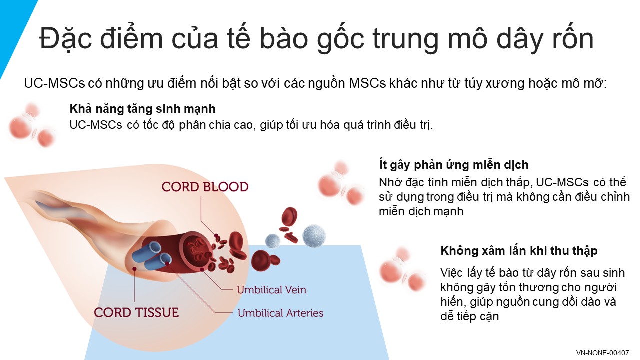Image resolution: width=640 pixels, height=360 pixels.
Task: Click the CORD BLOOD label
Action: pyautogui.click(x=205, y=187)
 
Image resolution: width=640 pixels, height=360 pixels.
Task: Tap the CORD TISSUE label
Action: pyautogui.click(x=136, y=312)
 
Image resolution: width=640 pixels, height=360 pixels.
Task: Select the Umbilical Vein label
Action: pyautogui.click(x=271, y=290)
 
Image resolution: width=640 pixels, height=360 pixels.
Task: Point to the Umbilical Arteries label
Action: pyautogui.click(x=280, y=313)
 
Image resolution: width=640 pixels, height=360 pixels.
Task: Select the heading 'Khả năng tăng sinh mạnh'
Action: pyautogui.click(x=142, y=109)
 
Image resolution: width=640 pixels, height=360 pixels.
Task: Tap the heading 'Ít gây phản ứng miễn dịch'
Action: pyautogui.click(x=454, y=165)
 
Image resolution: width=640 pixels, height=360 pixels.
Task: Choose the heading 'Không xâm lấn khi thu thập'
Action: pyautogui.click(x=519, y=251)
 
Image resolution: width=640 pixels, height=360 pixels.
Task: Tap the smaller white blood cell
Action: pyautogui.click(x=273, y=241)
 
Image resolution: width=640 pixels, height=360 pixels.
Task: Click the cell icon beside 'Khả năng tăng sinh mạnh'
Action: pyautogui.click(x=32, y=125)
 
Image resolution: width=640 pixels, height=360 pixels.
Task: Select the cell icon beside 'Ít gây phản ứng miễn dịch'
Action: pyautogui.click(x=341, y=183)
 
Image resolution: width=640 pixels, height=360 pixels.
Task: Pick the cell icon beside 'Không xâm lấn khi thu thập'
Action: pyautogui.click(x=403, y=269)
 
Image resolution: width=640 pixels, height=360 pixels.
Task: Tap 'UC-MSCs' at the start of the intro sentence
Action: pyautogui.click(x=55, y=83)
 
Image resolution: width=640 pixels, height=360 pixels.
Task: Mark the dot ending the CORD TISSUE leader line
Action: pyautogui.click(x=134, y=269)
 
